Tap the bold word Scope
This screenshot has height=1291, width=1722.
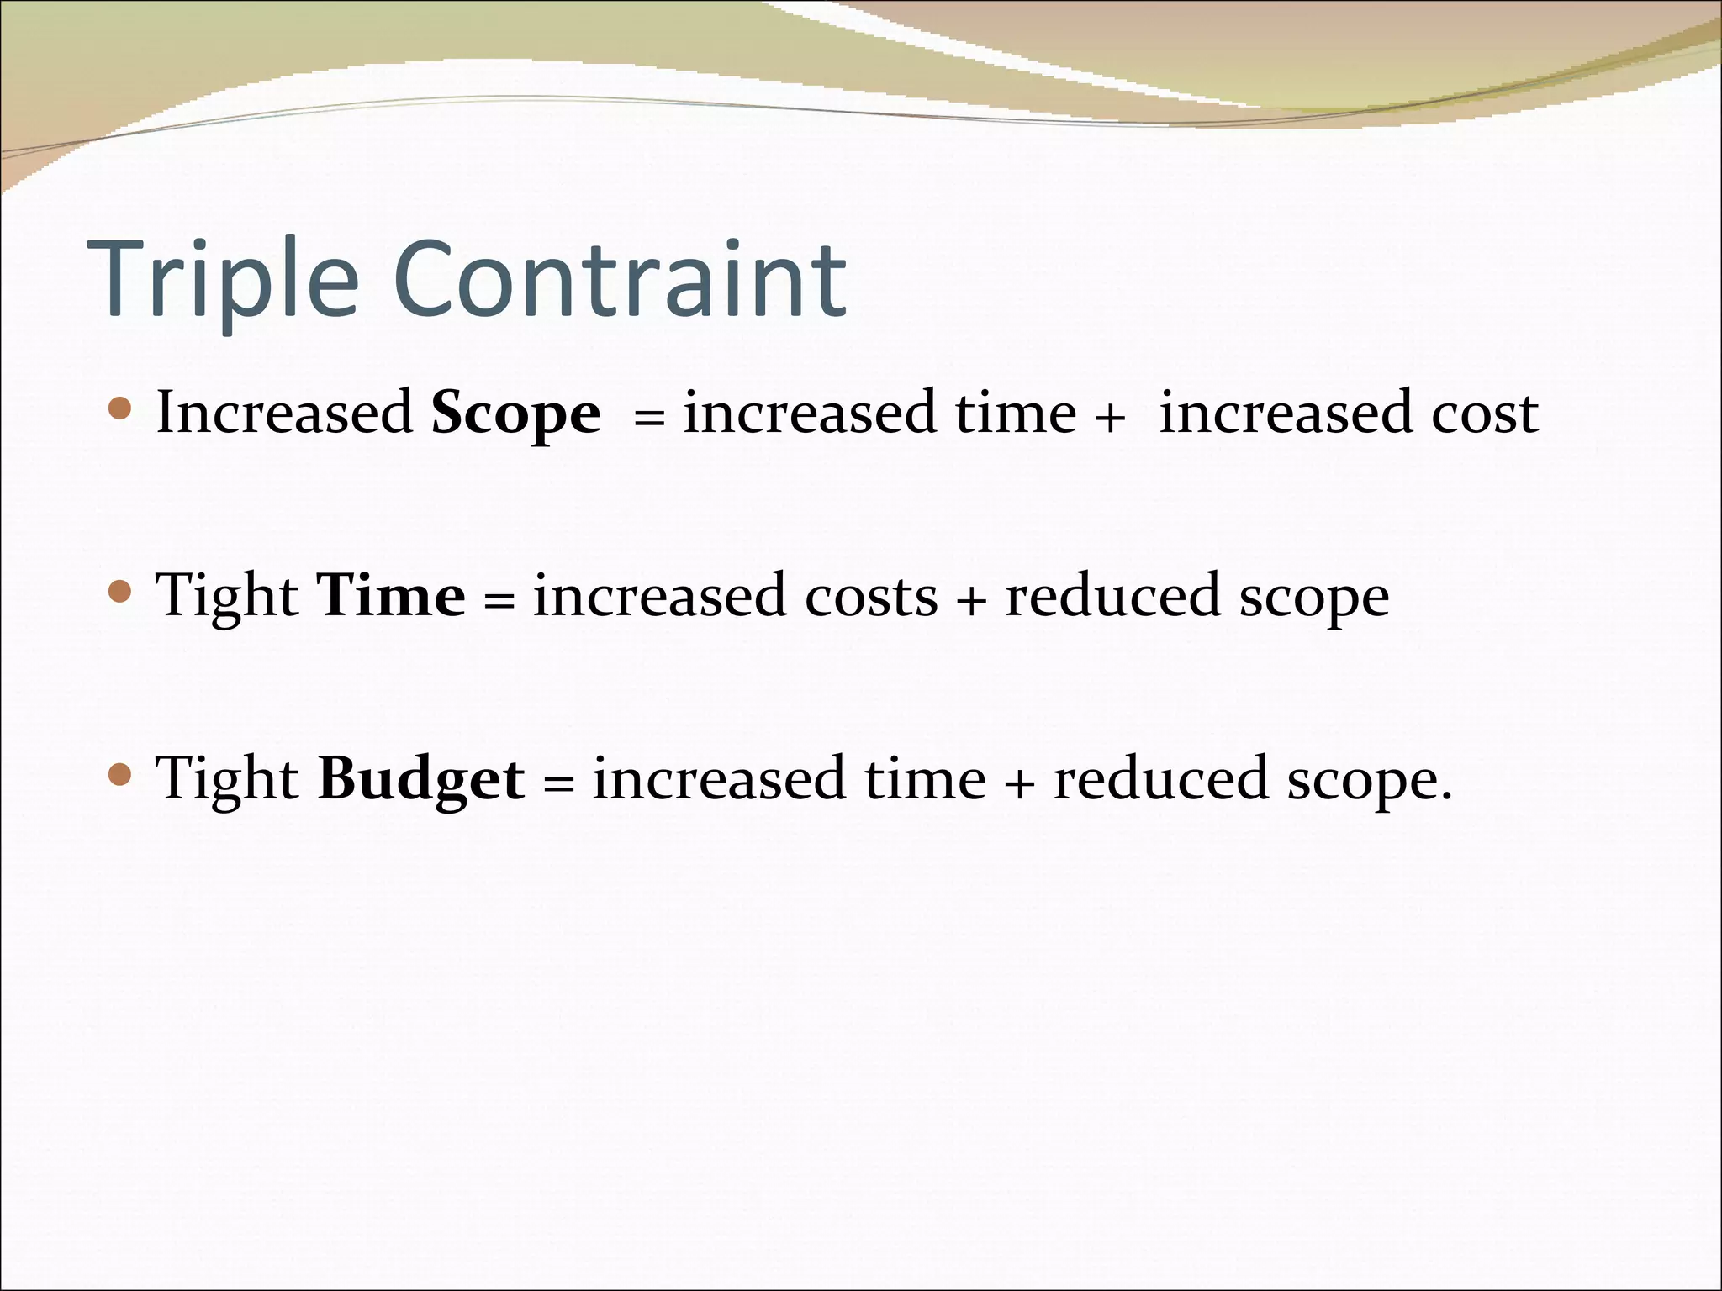515,414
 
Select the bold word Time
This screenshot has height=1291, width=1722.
391,596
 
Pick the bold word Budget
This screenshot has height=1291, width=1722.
421,778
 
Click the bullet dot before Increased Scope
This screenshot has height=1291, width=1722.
121,409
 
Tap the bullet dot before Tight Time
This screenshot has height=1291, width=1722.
121,593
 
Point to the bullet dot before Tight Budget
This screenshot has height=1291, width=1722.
121,774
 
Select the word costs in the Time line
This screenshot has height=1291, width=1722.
871,596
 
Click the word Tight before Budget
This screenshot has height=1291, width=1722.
228,778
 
